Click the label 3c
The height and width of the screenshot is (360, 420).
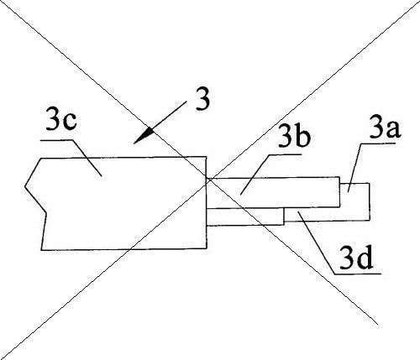tap(61, 122)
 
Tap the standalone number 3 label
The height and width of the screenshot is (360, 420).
tap(202, 100)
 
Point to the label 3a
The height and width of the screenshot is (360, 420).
tap(385, 129)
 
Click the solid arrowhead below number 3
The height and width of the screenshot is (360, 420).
tap(144, 136)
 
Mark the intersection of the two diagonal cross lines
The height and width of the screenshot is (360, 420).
tap(208, 180)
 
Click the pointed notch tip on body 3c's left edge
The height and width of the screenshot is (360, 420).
tap(25, 185)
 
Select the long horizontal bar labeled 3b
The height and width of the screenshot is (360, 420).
tap(273, 193)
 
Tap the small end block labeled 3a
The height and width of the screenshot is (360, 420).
tap(354, 201)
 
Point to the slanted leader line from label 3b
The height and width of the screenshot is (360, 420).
tap(255, 174)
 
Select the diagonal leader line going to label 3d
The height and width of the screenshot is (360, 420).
tap(317, 243)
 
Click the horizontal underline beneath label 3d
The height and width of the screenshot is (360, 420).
tap(358, 274)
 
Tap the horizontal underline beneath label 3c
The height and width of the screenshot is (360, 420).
tap(57, 140)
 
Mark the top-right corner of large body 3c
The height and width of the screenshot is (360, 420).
tap(207, 157)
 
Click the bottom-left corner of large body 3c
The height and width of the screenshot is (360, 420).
tap(41, 250)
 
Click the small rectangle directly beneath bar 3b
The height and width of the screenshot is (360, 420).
tap(245, 217)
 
